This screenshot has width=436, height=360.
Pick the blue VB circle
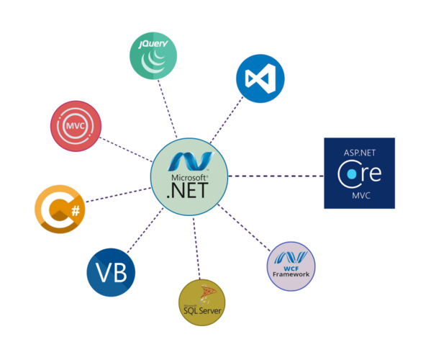pyautogui.click(x=111, y=272)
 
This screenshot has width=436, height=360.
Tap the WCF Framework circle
pyautogui.click(x=291, y=266)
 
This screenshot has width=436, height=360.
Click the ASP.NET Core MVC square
pyautogui.click(x=359, y=173)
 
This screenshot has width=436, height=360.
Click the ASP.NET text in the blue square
pyautogui.click(x=359, y=152)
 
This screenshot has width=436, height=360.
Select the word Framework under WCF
pyautogui.click(x=291, y=274)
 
